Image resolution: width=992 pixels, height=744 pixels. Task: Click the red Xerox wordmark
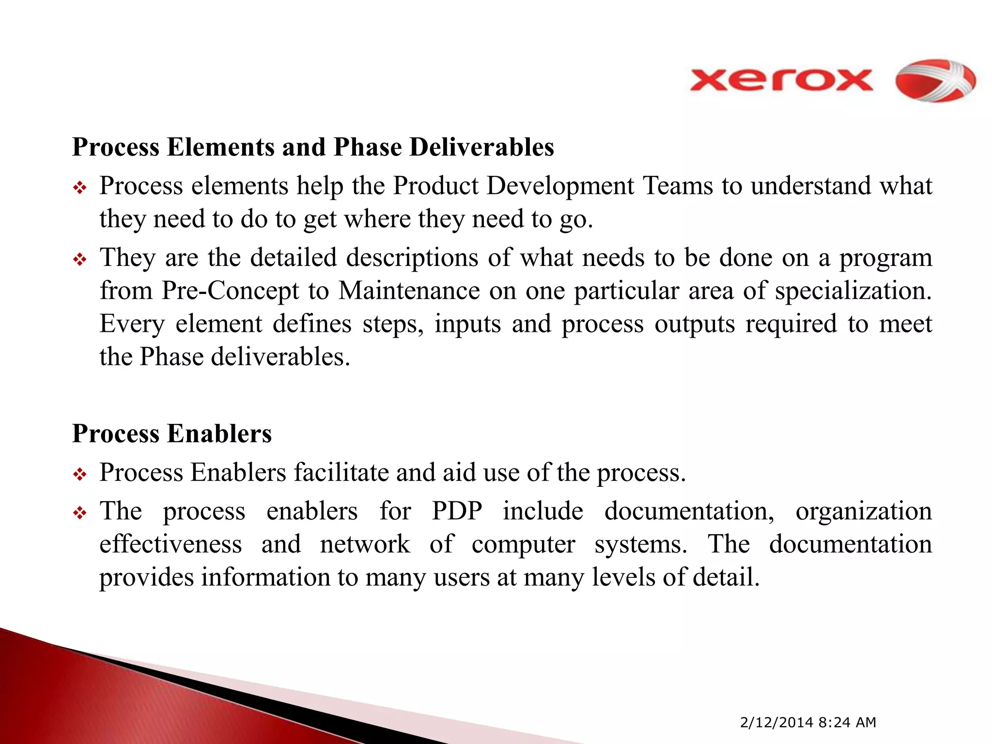[x=781, y=80]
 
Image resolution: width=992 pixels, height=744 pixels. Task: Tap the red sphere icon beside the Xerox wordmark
[x=935, y=80]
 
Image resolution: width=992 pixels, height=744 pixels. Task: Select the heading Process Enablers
[x=172, y=434]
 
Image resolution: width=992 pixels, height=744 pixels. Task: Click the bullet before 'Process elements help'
[x=79, y=188]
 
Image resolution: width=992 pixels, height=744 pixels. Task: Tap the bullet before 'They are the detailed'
[x=79, y=260]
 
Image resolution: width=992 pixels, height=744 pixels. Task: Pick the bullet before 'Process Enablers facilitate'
[x=79, y=475]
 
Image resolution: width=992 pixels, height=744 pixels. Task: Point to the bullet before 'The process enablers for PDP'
[x=79, y=513]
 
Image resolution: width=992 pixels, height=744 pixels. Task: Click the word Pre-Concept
[x=231, y=291]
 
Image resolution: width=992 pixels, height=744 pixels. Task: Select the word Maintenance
[x=409, y=291]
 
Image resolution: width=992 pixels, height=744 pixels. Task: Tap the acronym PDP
[x=457, y=511]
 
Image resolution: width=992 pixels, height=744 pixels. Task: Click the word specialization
[x=852, y=291]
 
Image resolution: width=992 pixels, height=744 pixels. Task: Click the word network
[x=365, y=544]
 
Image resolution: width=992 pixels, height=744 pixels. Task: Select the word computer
[x=523, y=544]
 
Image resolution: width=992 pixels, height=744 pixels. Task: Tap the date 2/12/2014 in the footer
[x=776, y=722]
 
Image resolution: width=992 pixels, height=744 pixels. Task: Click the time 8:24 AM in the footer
[x=847, y=722]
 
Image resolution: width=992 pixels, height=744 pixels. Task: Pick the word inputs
[x=467, y=325]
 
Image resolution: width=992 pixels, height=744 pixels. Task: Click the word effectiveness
[x=170, y=544]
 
